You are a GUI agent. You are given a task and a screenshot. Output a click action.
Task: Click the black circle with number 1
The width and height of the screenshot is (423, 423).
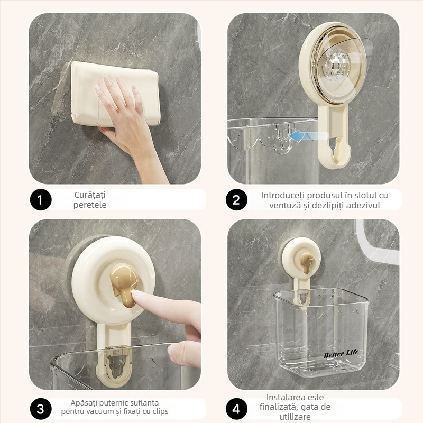point(41,200)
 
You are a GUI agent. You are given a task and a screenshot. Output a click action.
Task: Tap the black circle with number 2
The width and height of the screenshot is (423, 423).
point(236,200)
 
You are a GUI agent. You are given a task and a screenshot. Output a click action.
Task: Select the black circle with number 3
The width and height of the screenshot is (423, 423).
point(41,409)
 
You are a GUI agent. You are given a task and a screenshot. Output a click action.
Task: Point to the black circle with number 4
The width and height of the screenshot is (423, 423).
point(236,409)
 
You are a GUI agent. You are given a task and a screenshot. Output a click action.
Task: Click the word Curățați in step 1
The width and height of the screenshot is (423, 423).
point(90,195)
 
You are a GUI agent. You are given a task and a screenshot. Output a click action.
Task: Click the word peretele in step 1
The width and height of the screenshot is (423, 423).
point(90,205)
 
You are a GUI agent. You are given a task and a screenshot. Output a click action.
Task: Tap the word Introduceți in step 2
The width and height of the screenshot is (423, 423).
point(283,195)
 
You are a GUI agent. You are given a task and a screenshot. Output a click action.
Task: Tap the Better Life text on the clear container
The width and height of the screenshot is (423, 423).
point(341,354)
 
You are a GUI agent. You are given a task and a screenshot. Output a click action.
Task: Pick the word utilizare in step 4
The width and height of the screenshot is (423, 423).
point(295,417)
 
